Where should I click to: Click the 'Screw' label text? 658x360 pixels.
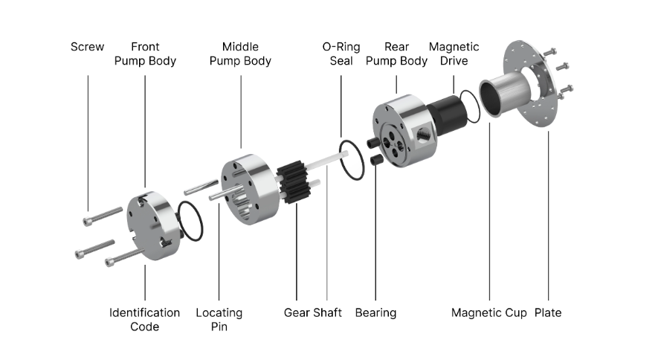pos(87,47)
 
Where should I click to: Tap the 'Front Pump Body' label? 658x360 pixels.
pos(145,54)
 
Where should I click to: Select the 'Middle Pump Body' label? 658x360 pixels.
pos(240,54)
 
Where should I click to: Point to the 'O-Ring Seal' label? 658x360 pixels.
pos(341,54)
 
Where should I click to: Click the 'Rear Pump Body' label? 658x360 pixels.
pos(396,54)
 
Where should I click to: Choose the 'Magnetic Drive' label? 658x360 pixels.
pos(454,54)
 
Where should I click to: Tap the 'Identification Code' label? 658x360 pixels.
pos(145,319)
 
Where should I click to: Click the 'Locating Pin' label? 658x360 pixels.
pos(219,319)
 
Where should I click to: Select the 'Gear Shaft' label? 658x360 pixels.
pos(313,312)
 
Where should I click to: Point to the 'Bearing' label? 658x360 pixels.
pos(375,313)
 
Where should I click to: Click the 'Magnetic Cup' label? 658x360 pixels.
pos(489,313)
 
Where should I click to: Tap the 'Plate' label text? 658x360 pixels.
pos(548,312)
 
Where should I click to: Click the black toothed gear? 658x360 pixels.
pos(294,182)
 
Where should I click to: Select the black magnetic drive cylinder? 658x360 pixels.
pos(448,115)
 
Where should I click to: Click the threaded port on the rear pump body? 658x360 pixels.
pos(423,135)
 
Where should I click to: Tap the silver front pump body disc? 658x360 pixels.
pos(152,225)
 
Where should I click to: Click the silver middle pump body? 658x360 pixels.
pos(251,189)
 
